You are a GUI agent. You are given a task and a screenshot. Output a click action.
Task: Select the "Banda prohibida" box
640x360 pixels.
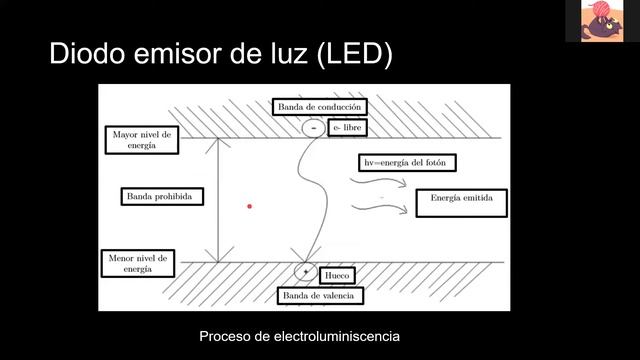pos(161,196)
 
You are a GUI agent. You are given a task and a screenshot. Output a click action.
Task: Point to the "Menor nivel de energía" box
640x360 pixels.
pos(142,263)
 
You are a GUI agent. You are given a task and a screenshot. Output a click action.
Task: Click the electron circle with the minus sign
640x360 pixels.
pos(313,129)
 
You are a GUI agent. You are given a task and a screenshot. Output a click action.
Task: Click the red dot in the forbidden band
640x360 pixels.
pos(249,206)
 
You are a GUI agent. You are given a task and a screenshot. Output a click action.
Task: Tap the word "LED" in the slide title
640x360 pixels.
pos(349,54)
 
